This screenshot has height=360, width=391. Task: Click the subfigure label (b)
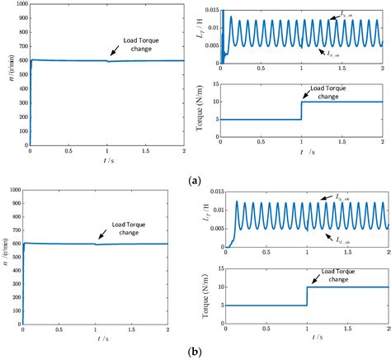[195, 351]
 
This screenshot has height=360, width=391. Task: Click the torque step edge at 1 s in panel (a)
[302, 111]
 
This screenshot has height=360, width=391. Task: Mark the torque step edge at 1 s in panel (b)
[307, 296]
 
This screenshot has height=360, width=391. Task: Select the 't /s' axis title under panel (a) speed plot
[97, 163]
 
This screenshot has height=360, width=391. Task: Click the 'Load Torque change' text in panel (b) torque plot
[337, 269]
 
